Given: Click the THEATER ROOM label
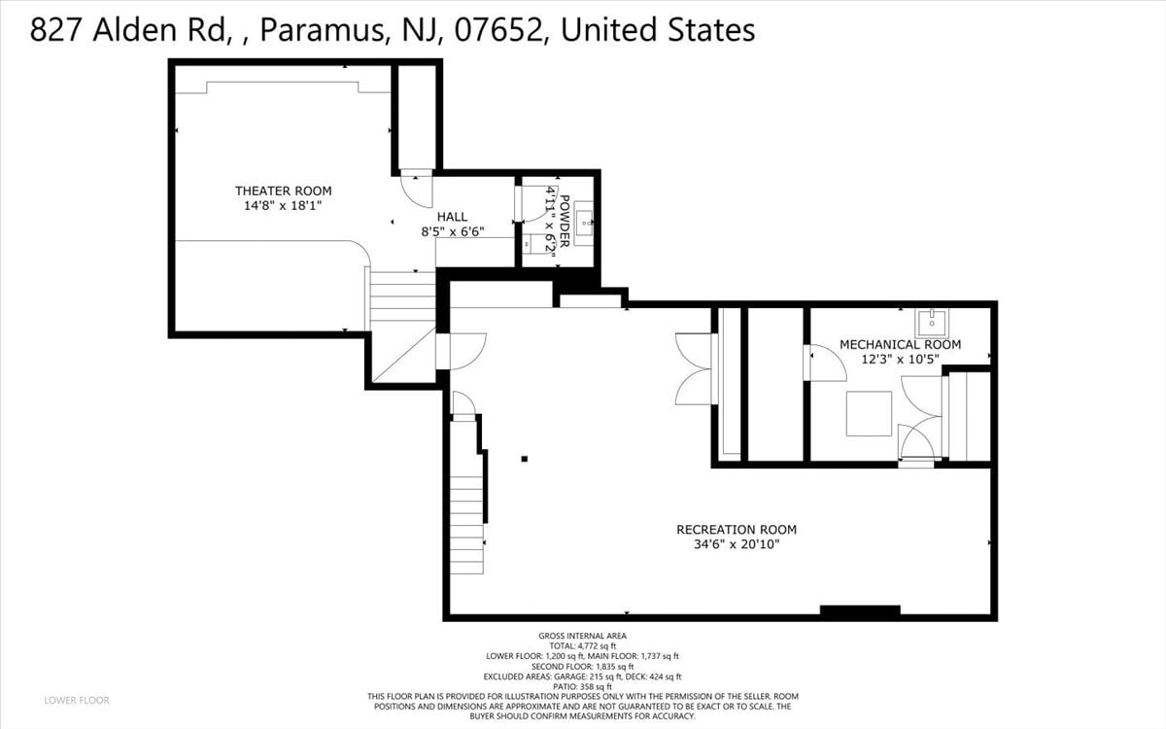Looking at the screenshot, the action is click(x=283, y=191).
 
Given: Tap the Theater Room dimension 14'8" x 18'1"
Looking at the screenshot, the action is click(x=283, y=206).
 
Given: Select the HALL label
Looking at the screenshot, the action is click(x=452, y=217).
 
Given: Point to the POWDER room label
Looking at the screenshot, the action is click(x=565, y=222).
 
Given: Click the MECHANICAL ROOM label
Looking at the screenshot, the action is click(x=901, y=344).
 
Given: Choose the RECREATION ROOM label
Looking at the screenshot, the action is click(x=737, y=530).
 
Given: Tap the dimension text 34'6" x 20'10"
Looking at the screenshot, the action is click(x=737, y=544).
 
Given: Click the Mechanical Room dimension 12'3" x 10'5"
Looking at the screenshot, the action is click(x=901, y=360).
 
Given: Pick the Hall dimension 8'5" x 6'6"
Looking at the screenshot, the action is click(x=453, y=231).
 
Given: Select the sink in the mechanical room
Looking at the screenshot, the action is click(x=932, y=324).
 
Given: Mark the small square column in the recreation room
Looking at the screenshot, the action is click(x=525, y=459).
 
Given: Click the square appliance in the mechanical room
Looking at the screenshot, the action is click(x=869, y=413).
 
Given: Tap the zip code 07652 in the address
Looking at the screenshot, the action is click(x=498, y=30).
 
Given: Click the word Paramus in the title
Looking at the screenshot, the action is click(x=322, y=30).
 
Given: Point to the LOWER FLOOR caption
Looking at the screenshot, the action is click(x=77, y=701).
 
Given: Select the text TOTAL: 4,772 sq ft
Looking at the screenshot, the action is click(x=582, y=645).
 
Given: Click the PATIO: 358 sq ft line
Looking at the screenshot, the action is click(x=582, y=687).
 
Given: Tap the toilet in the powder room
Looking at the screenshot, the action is click(x=533, y=243).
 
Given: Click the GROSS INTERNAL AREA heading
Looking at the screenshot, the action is click(x=582, y=636).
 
